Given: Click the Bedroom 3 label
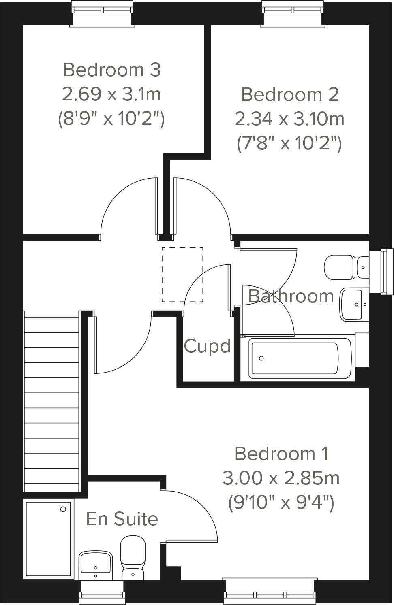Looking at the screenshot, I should click(x=111, y=70).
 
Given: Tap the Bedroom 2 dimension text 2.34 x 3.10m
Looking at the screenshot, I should click(x=289, y=119).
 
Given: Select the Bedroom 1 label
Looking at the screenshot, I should click(x=281, y=454).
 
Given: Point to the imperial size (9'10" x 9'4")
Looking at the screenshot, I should click(x=281, y=503).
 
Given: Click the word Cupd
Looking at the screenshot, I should click(x=207, y=346).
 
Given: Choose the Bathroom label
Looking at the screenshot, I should click(x=291, y=296).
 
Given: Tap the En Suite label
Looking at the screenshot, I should click(x=122, y=519).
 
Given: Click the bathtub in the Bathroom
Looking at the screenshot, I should click(x=295, y=358).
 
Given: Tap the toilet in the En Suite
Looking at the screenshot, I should click(x=133, y=557).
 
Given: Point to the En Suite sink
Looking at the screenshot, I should click(x=95, y=563).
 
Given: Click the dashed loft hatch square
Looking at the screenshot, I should click(x=182, y=275).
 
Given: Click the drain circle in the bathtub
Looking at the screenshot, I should click(x=261, y=358).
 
